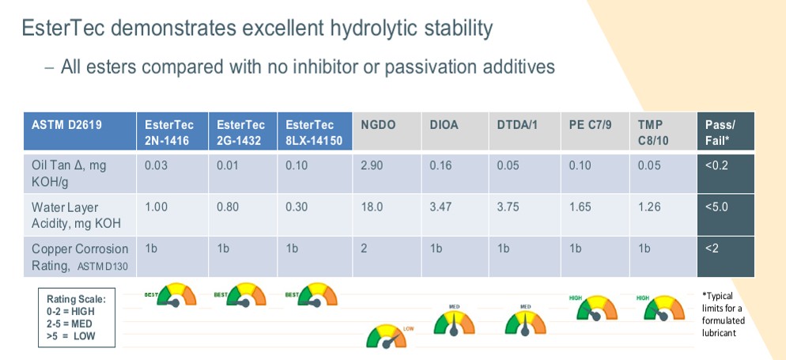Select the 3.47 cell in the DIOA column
click(440, 207)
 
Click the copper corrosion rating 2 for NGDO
click(365, 248)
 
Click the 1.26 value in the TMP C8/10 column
click(648, 207)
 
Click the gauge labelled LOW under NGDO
click(387, 336)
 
